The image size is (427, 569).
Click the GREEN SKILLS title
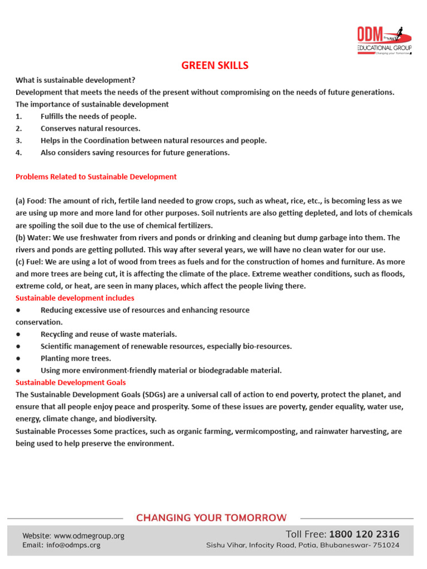coord(215,66)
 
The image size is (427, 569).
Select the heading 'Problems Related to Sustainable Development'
coord(96,177)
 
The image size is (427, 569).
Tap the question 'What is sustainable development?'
coord(75,80)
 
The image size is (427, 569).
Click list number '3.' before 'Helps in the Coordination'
coord(19,141)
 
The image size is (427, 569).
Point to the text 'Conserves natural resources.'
coord(90,128)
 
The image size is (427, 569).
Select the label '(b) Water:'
coord(33,238)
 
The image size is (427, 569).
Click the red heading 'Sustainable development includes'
coord(75,298)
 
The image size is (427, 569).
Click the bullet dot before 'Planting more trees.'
coord(19,358)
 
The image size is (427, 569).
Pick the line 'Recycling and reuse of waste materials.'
coord(108,334)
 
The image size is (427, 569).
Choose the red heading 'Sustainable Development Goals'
coord(71,382)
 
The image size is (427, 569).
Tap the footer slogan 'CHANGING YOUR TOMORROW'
coord(212,518)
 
